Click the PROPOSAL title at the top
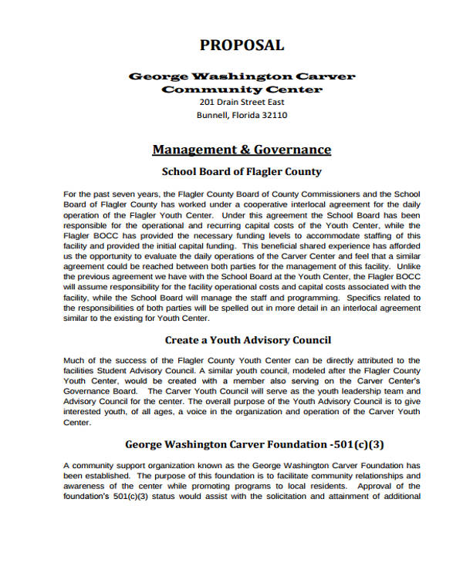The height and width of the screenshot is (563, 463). pos(242,45)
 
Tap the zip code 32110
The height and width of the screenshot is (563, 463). pos(271,116)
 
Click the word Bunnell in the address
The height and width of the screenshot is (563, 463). pos(212,116)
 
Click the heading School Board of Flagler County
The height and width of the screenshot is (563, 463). pos(241,171)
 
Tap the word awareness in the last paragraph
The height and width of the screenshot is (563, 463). pos(87,486)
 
